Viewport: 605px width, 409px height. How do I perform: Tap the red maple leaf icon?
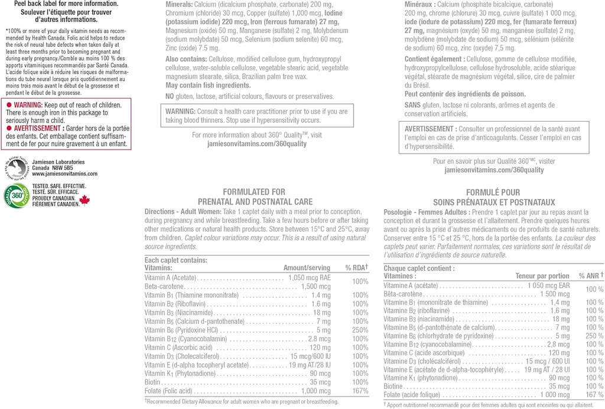click(84, 200)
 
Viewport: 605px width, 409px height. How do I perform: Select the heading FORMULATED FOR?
click(253, 192)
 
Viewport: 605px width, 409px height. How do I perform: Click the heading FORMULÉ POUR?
click(493, 193)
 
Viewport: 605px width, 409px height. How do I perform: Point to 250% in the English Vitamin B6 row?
click(360, 330)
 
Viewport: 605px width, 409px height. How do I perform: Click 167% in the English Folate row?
click(360, 391)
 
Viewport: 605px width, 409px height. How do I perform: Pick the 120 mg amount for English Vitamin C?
click(320, 348)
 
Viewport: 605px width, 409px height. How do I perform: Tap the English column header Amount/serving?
click(307, 268)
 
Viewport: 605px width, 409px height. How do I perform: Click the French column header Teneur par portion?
click(542, 276)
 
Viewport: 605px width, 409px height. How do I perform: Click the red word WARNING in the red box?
click(28, 105)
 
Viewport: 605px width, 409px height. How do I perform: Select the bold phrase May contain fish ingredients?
click(200, 85)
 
